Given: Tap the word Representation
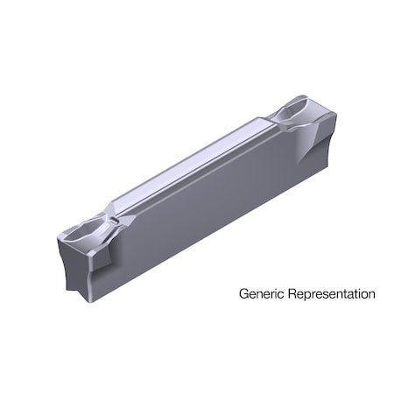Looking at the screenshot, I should [x=328, y=295].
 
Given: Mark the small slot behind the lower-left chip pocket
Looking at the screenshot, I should [x=109, y=209].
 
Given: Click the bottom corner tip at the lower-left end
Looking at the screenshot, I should [x=86, y=300].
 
